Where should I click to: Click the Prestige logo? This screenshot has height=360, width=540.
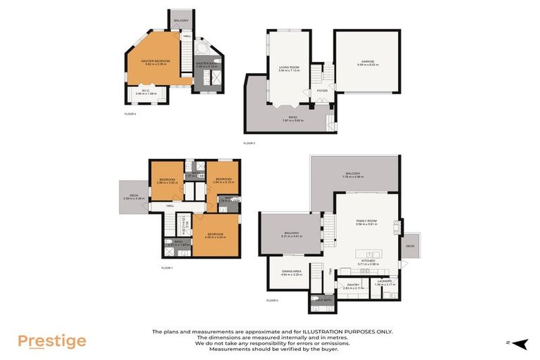point(52,341)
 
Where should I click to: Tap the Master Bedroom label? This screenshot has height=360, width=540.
point(157,61)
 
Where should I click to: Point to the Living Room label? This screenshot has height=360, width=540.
point(289,67)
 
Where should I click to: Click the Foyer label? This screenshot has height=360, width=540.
point(322,91)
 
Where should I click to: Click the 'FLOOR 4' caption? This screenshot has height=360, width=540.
point(129,113)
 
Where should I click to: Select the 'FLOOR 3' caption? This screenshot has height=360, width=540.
point(249,143)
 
